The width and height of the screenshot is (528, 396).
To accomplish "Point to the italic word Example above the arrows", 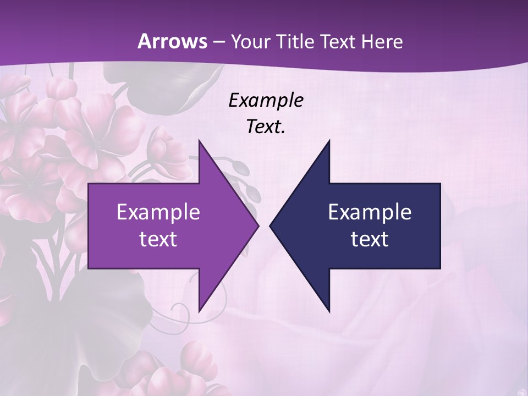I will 266,100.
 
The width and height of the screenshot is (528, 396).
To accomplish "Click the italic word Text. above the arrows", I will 266,127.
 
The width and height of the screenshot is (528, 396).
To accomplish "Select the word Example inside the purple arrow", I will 158,212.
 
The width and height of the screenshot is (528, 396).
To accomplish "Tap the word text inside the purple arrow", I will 158,239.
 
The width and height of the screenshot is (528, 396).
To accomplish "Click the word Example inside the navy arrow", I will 370,212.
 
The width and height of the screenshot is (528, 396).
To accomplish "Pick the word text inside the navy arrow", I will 370,239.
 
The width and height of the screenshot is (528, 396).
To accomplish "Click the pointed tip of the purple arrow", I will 258,226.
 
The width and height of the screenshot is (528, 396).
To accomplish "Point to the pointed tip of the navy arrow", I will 270,226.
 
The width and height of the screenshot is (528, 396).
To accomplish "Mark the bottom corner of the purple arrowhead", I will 199,312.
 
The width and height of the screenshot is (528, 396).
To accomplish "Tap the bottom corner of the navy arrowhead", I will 329,312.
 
